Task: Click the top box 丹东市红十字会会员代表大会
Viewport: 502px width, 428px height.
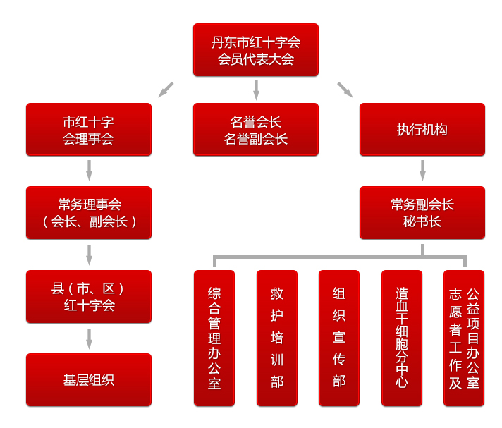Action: click(255, 50)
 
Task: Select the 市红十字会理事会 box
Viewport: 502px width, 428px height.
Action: click(88, 130)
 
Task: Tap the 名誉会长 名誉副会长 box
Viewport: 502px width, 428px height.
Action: click(255, 130)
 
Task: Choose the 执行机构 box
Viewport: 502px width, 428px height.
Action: click(422, 130)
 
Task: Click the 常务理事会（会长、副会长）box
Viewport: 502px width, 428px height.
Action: click(88, 213)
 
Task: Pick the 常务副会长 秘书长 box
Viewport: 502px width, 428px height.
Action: click(422, 213)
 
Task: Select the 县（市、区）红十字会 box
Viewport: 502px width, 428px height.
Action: click(88, 296)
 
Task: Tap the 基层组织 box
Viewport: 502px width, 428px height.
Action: click(88, 379)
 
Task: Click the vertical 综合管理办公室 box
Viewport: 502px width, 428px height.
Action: click(214, 338)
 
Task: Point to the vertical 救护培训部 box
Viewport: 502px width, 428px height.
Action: click(276, 338)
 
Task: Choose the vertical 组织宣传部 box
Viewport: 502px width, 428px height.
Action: click(338, 338)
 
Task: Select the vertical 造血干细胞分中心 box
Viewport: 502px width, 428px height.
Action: click(401, 338)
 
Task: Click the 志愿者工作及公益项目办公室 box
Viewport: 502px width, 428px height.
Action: click(463, 338)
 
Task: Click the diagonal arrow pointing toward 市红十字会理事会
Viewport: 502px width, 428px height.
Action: click(166, 90)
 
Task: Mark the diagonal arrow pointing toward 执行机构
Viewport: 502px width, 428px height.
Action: click(345, 90)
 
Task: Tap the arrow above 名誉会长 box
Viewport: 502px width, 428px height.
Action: click(256, 90)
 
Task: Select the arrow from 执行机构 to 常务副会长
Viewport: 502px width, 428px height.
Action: click(422, 171)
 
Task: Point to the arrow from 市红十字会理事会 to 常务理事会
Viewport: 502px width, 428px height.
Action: click(89, 171)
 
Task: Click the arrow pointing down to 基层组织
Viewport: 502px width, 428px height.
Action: click(89, 338)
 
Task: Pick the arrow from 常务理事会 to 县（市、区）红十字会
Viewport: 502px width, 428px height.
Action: click(89, 255)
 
